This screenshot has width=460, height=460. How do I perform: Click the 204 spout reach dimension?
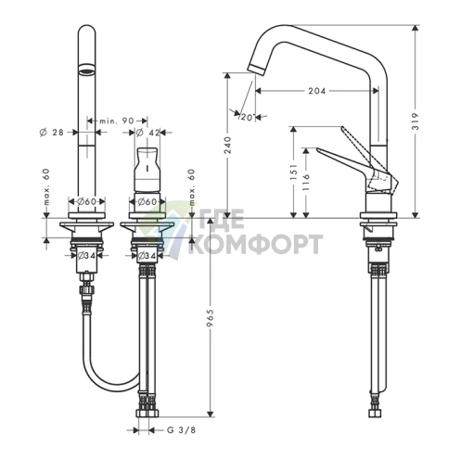[x=317, y=91]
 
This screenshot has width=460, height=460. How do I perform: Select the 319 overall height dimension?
[x=415, y=121]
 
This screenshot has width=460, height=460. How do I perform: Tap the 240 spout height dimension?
[x=227, y=145]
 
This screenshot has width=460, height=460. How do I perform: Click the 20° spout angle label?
[x=248, y=117]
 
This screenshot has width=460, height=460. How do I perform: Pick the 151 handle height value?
[x=294, y=172]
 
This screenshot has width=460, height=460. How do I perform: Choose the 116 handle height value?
[x=306, y=182]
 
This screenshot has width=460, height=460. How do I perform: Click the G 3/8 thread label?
[x=181, y=430]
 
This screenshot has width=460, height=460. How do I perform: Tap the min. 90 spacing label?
[x=117, y=121]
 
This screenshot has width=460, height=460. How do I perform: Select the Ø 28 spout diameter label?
[x=52, y=133]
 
